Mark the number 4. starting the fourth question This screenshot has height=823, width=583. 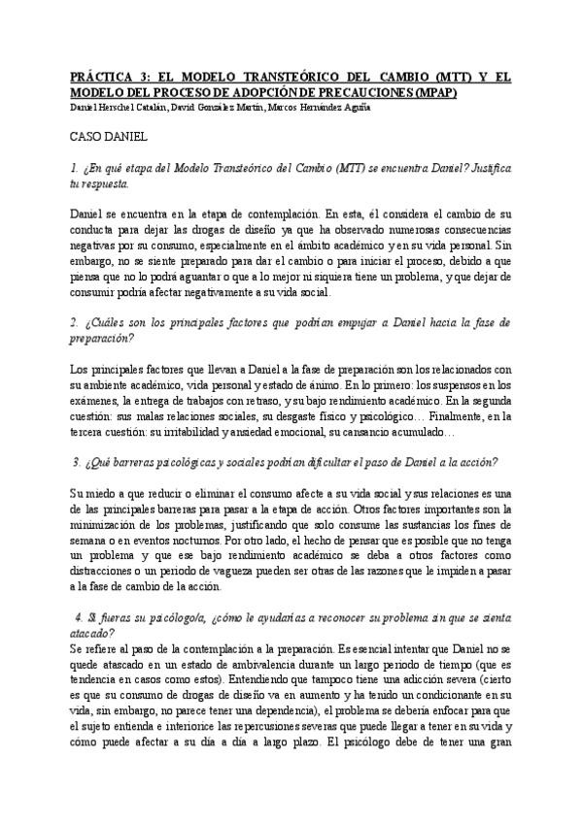point(79,617)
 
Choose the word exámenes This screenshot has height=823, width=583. point(94,400)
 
